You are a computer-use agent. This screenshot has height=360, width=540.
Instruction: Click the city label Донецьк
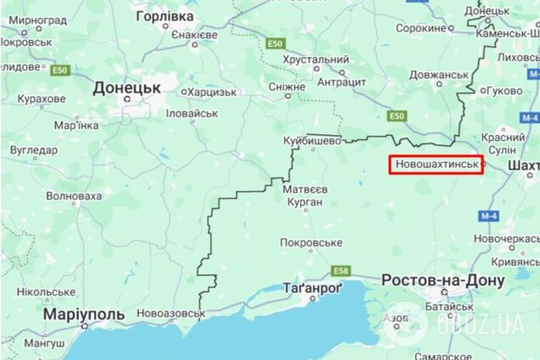pyautogui.click(x=127, y=87)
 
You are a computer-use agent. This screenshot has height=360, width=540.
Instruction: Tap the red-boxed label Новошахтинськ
pyautogui.click(x=436, y=164)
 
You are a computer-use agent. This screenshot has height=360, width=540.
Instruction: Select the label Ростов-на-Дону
pyautogui.click(x=434, y=279)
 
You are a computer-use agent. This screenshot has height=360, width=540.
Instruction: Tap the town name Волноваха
pyautogui.click(x=74, y=196)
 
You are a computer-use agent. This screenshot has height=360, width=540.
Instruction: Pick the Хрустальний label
pyautogui.click(x=316, y=60)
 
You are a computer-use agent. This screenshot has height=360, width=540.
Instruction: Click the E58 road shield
pyautogui.click(x=340, y=271)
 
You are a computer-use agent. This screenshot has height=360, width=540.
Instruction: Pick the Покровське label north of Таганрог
pyautogui.click(x=312, y=242)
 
